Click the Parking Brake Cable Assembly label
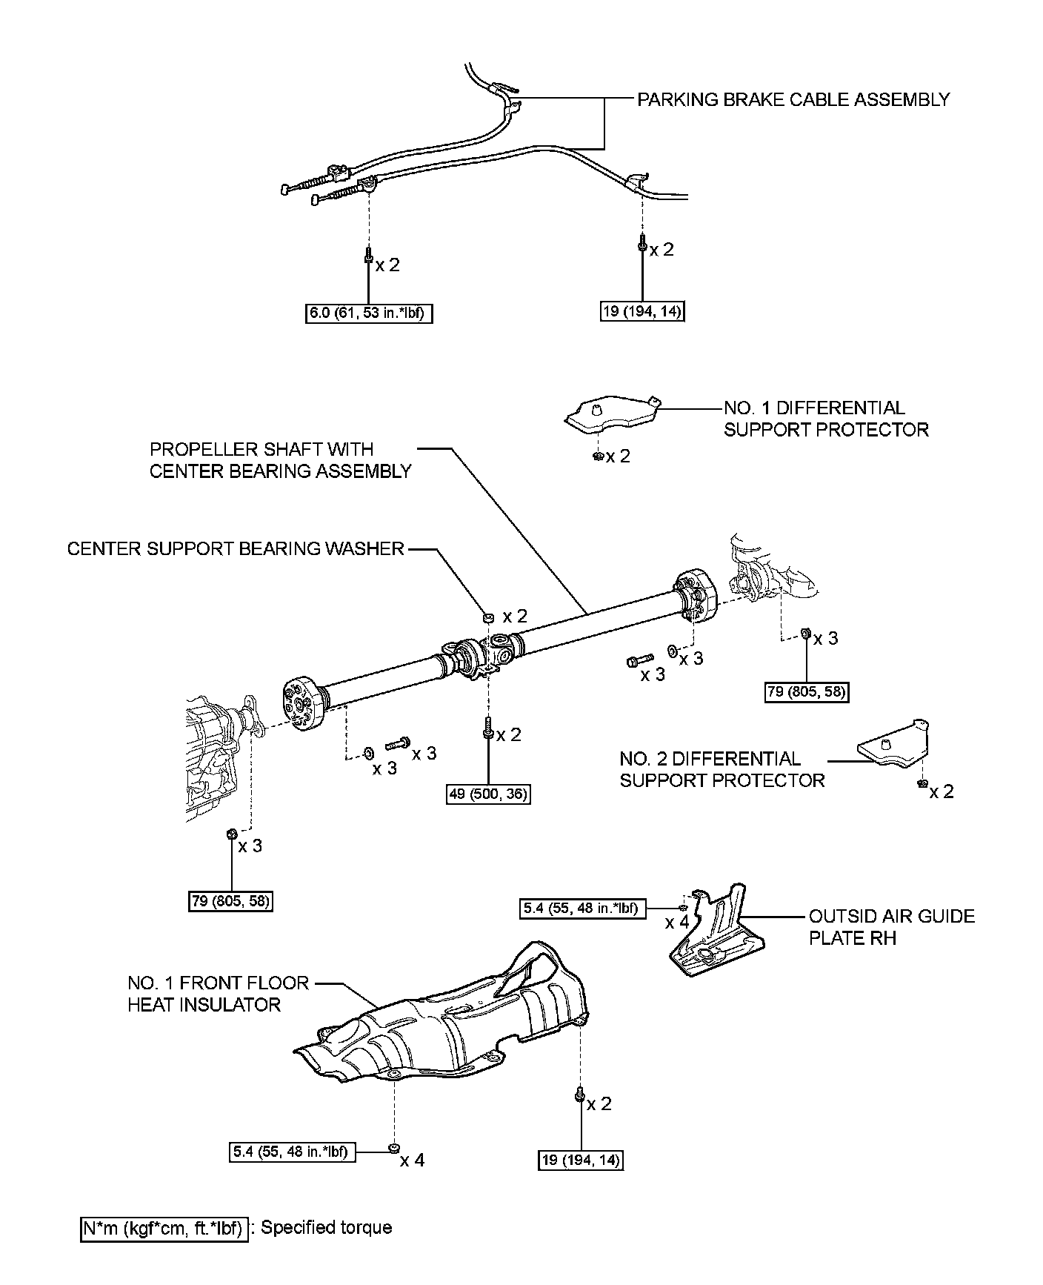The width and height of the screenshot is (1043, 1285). click(x=793, y=99)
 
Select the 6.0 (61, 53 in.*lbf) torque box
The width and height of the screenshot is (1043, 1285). click(x=368, y=313)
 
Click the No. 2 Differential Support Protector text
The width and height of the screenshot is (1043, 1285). click(x=722, y=769)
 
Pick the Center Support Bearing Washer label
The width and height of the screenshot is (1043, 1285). click(x=236, y=548)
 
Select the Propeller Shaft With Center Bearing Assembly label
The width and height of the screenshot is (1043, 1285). click(x=280, y=460)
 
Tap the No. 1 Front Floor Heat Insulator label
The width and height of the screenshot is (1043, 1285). click(x=218, y=994)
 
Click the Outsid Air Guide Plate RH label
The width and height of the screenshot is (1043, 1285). click(x=891, y=927)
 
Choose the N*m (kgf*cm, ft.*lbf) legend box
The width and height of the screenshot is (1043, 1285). click(x=164, y=1228)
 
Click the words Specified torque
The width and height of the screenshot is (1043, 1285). click(x=327, y=1228)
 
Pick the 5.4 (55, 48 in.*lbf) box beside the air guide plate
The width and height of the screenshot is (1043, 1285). click(x=582, y=907)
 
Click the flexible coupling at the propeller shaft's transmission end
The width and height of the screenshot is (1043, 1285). click(x=302, y=702)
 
